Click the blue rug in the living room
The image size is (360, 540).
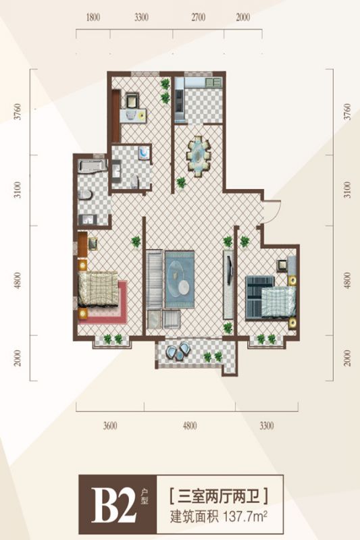click(180, 279)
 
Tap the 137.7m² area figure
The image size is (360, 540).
click(246, 516)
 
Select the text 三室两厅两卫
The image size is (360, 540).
click(219, 497)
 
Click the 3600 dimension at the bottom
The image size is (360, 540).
click(110, 426)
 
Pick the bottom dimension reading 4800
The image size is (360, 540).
click(190, 426)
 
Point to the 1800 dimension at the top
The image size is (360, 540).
click(93, 18)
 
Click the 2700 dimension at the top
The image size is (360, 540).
click(198, 18)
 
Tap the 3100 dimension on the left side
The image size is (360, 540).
click(18, 190)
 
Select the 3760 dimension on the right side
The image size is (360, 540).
click(348, 111)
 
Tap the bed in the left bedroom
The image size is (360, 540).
click(98, 290)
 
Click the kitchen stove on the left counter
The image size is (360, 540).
click(179, 100)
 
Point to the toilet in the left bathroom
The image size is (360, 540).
click(84, 194)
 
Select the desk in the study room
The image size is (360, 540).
click(133, 115)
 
